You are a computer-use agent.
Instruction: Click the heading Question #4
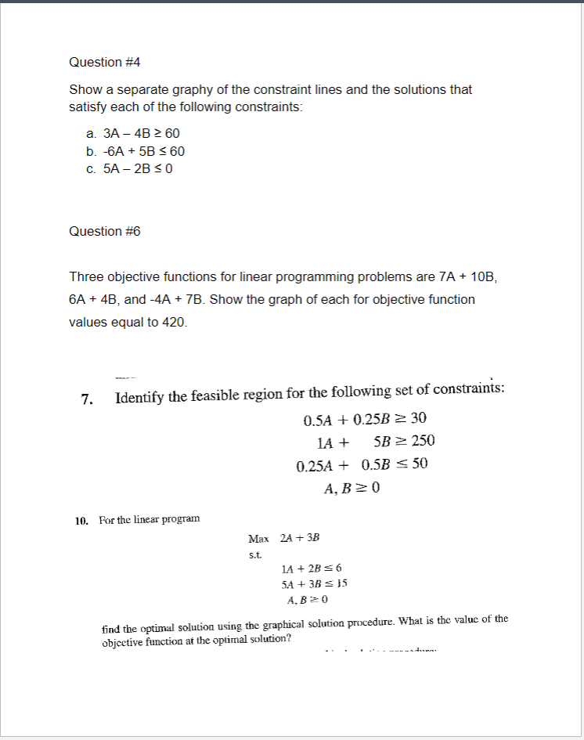click(x=104, y=62)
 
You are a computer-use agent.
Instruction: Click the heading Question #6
click(x=104, y=231)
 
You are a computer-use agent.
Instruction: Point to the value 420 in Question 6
click(x=173, y=322)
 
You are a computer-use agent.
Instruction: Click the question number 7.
click(x=88, y=399)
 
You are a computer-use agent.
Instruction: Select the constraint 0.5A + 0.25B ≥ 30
click(x=364, y=419)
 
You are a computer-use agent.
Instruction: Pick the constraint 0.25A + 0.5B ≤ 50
click(x=362, y=464)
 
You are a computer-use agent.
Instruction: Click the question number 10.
click(x=81, y=519)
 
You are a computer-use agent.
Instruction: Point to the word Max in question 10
click(x=258, y=539)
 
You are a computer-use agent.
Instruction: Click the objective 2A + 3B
click(x=300, y=539)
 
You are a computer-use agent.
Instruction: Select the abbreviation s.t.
click(x=254, y=554)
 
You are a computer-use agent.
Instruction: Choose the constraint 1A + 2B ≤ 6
click(x=311, y=569)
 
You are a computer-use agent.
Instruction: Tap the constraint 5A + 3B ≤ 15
click(x=313, y=584)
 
